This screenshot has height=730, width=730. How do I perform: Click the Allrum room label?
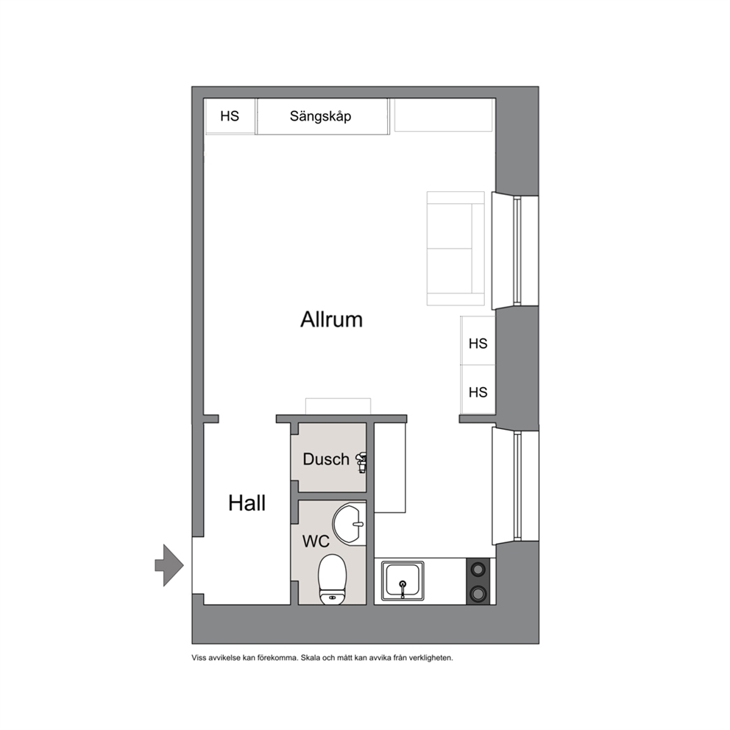point(331,320)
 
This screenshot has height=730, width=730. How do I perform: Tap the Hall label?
point(247,503)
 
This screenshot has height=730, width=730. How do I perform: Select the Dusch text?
point(326,459)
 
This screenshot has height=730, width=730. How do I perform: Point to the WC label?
point(316,541)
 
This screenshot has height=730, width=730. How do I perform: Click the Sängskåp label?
point(320,116)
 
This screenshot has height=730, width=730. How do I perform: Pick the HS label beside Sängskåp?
point(230,116)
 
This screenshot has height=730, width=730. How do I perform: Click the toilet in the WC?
point(332,580)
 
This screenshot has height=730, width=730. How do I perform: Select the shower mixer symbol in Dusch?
point(362,462)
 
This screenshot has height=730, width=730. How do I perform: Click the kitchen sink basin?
point(403,581)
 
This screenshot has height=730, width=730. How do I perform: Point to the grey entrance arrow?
point(169,565)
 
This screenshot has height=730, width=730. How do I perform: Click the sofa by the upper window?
point(456,249)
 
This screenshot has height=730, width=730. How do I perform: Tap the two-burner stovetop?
point(478,581)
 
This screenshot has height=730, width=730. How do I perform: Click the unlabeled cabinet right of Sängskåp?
point(443,115)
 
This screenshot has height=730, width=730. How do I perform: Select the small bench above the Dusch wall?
point(338,406)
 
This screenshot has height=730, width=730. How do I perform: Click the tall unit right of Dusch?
point(390,468)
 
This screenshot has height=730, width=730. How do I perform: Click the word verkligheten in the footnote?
point(430,658)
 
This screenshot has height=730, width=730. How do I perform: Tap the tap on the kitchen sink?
point(403,589)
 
